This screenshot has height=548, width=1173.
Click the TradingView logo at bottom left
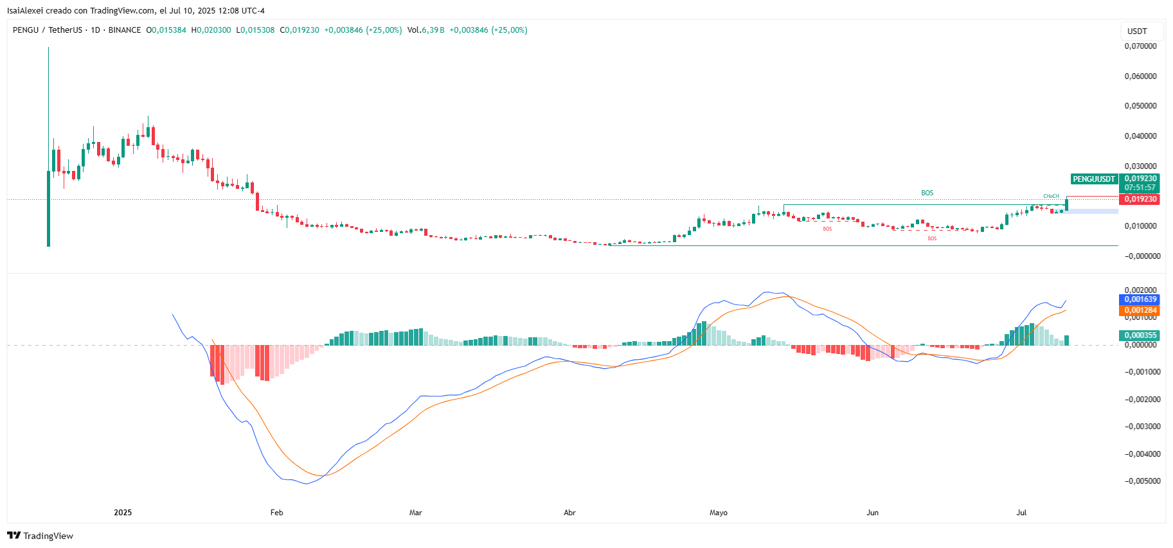click(40, 536)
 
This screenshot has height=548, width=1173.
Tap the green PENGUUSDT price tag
click(1094, 179)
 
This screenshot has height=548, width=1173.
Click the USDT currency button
click(1137, 31)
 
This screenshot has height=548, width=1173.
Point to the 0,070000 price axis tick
click(1140, 46)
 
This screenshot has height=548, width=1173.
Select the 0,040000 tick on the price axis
click(1140, 136)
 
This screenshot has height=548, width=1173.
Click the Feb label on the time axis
click(276, 513)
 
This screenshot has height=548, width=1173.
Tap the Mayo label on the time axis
click(719, 513)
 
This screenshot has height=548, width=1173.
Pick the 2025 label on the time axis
click(123, 513)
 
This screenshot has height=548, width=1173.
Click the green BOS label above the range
click(927, 193)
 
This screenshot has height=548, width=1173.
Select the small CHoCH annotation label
click(1051, 196)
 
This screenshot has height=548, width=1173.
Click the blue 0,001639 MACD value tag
click(1140, 299)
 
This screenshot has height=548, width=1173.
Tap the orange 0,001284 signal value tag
click(1140, 310)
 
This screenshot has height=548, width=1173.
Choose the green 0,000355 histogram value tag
click(1140, 335)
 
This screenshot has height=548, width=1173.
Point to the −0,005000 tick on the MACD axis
click(1143, 481)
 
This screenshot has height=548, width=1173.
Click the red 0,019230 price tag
click(1140, 199)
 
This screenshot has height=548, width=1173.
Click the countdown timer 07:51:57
click(1140, 188)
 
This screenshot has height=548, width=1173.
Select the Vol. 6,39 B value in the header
click(425, 30)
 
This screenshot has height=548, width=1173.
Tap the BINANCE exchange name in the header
click(125, 30)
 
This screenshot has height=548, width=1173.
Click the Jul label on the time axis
click(1021, 513)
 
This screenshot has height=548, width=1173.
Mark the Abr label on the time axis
click(569, 513)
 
